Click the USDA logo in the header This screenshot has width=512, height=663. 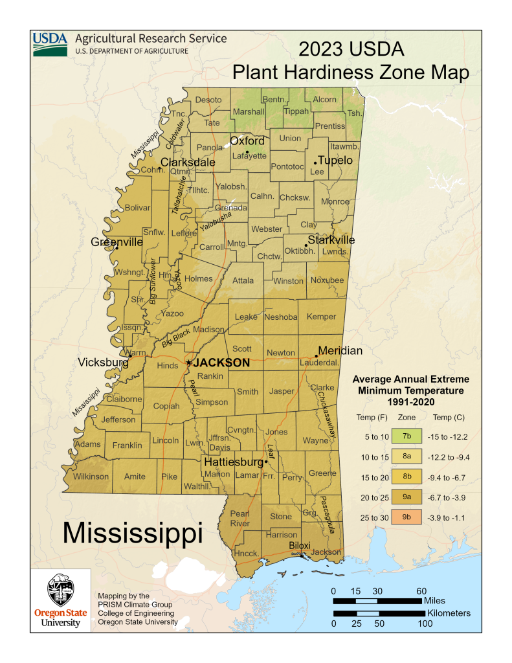[50, 43]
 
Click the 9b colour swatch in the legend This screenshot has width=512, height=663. [406, 517]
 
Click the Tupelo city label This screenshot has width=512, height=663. [336, 160]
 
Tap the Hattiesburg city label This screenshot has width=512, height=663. [234, 462]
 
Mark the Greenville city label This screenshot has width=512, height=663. [117, 242]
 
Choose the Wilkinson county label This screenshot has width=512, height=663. [90, 477]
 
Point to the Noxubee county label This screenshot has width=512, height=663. [328, 280]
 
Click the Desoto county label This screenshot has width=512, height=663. [208, 100]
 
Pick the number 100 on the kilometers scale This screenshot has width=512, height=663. [425, 624]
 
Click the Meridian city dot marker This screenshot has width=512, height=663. [317, 356]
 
